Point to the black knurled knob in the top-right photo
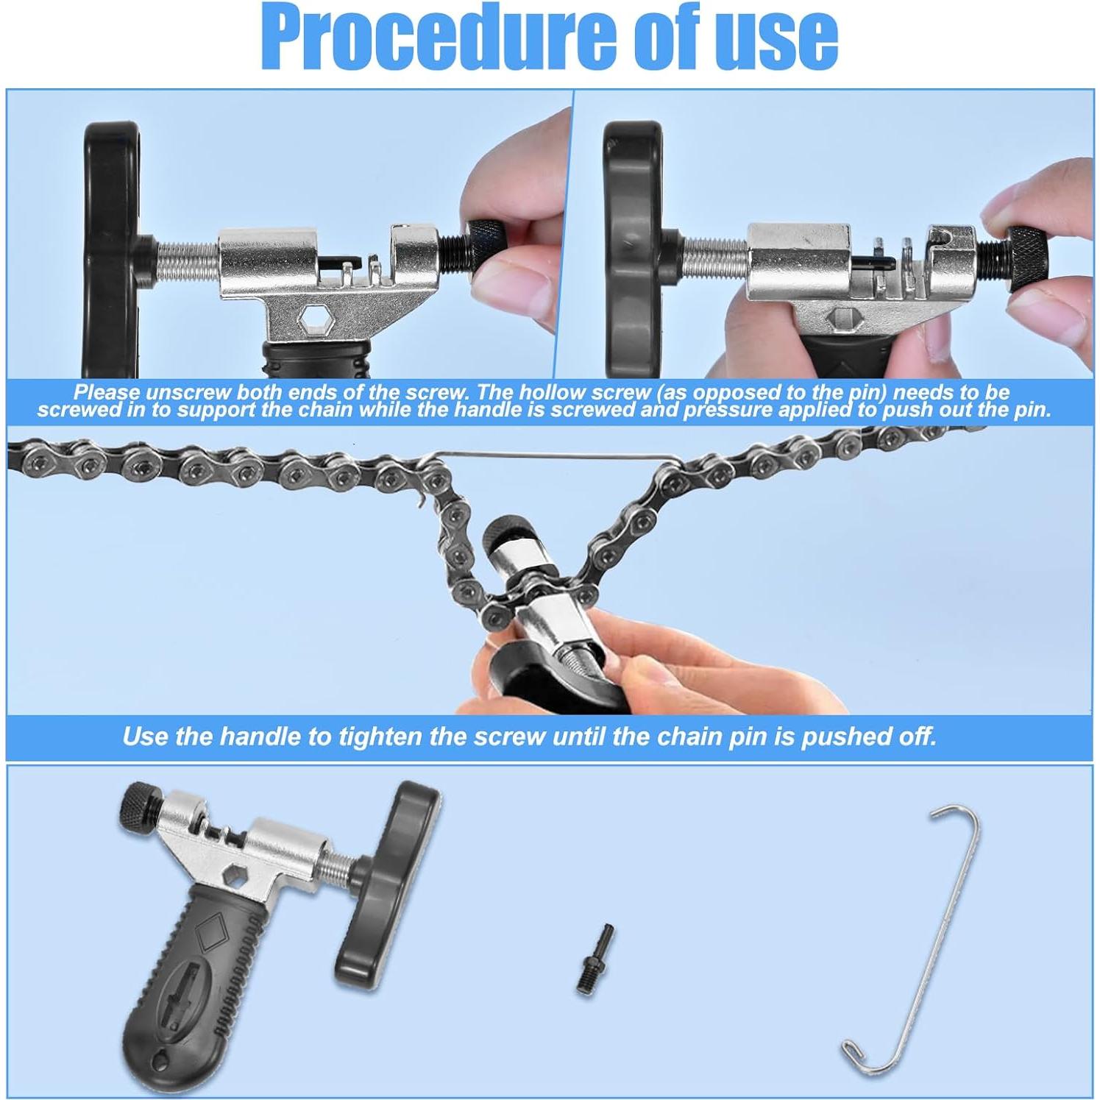click(1026, 253)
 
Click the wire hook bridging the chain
click(552, 458)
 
